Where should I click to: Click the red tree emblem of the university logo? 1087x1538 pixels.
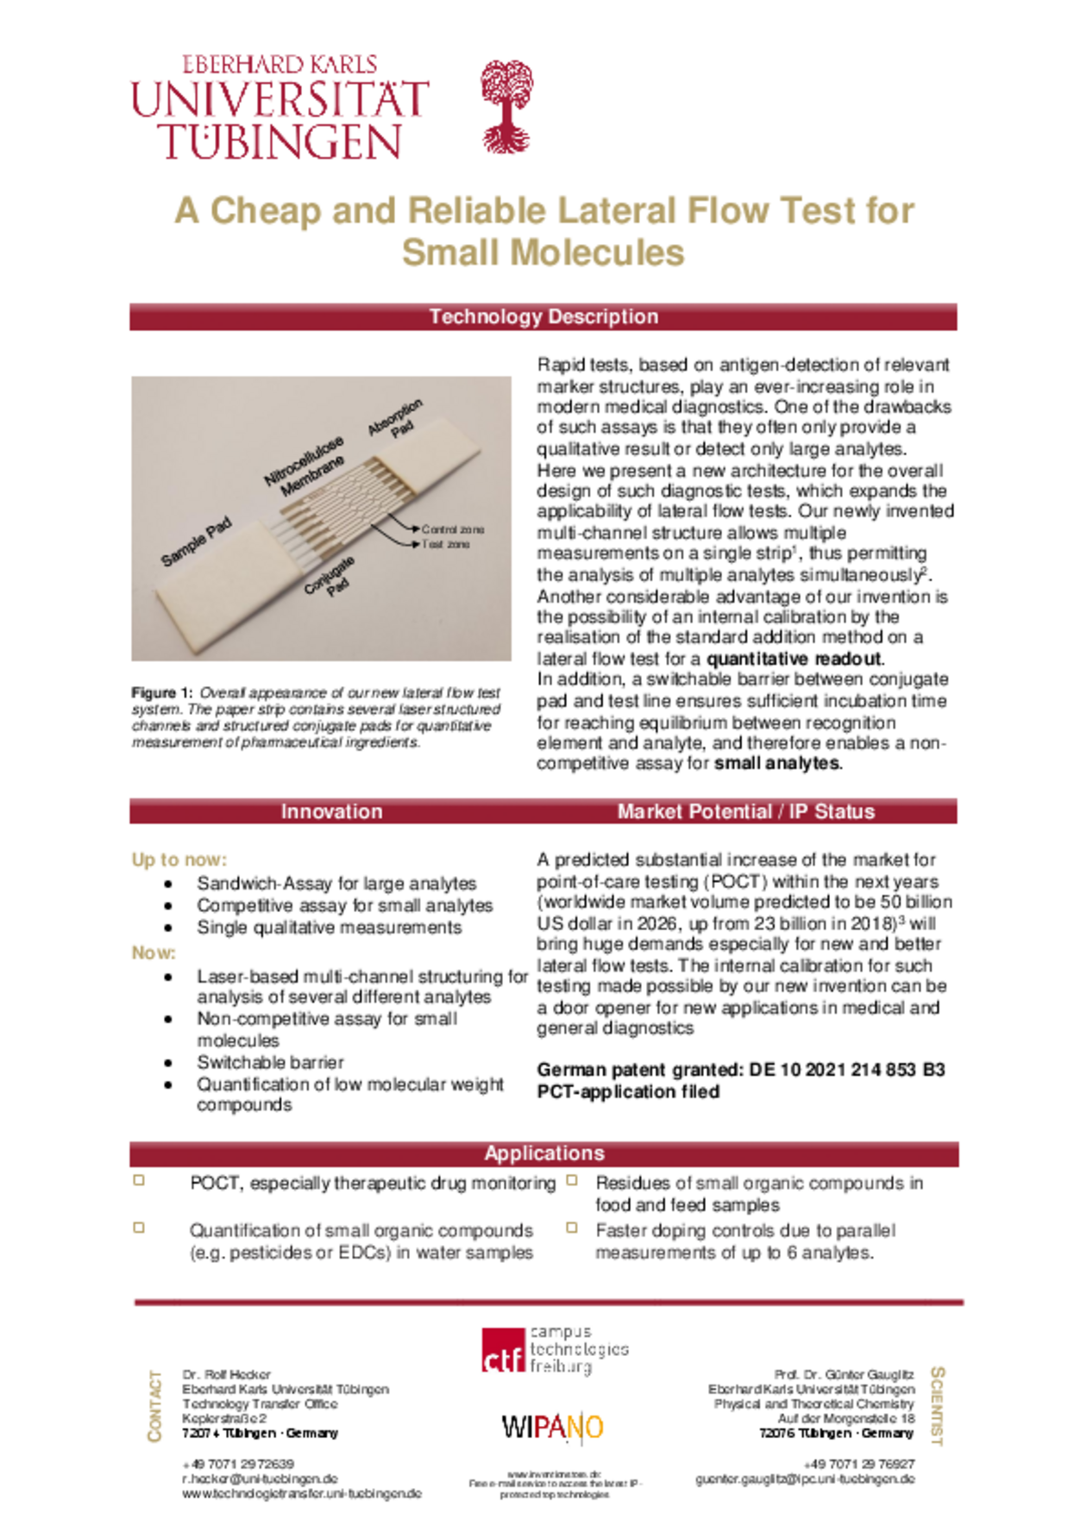click(x=506, y=105)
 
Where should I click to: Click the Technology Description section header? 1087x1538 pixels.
click(x=543, y=316)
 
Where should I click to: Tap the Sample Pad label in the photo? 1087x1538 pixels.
click(x=197, y=541)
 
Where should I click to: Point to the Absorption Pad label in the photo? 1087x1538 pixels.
click(x=397, y=419)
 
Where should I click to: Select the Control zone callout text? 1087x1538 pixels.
click(x=453, y=529)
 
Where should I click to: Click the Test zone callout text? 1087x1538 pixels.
click(x=446, y=545)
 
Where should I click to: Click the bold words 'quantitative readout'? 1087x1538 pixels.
click(x=795, y=659)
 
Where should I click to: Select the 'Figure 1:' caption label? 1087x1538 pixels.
click(x=161, y=692)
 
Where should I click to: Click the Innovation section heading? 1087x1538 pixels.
click(x=331, y=811)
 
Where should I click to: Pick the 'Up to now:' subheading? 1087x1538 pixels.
click(x=179, y=860)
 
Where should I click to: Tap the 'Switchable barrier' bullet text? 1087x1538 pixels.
click(x=270, y=1062)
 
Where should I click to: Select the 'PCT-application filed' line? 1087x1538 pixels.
click(x=628, y=1091)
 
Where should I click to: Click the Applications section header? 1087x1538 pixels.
click(x=543, y=1153)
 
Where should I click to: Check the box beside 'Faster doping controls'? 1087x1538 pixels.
click(x=571, y=1227)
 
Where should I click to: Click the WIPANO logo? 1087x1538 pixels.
click(x=552, y=1427)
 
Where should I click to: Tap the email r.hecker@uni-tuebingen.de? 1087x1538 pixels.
click(x=260, y=1479)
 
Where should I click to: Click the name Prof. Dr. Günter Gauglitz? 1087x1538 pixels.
click(x=843, y=1374)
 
